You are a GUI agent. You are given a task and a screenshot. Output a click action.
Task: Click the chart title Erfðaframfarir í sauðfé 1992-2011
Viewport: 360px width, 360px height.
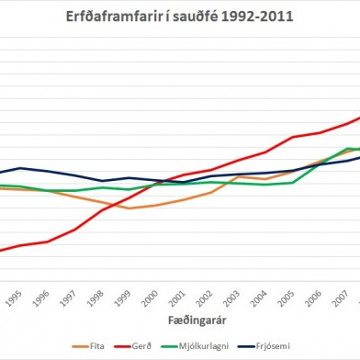click(x=179, y=16)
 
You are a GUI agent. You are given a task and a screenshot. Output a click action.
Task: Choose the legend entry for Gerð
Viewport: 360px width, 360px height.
click(x=138, y=345)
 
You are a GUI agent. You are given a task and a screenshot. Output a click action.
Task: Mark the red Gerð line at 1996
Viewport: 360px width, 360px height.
click(x=47, y=242)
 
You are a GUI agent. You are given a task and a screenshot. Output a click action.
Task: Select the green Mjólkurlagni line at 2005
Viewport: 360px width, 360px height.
click(x=293, y=182)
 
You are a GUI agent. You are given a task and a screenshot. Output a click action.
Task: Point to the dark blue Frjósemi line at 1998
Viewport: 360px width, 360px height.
click(x=102, y=181)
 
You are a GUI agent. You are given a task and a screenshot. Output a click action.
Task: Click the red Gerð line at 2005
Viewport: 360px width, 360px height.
click(x=293, y=137)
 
